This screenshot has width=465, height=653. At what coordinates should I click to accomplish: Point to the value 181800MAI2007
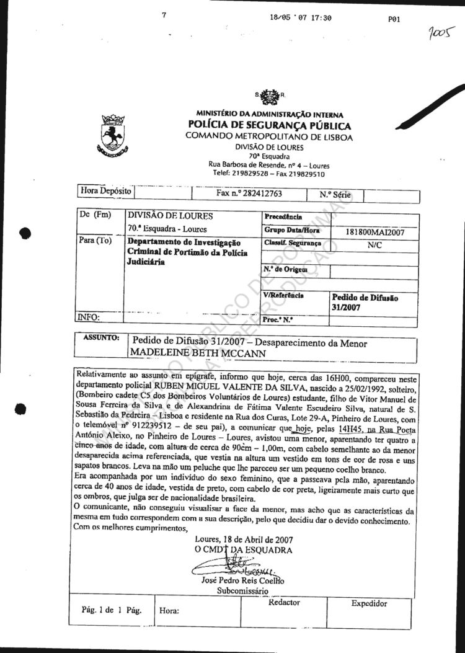coord(374,233)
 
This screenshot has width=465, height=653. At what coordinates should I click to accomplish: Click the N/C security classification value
coord(374,245)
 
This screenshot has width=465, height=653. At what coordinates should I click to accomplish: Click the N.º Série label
coord(335,195)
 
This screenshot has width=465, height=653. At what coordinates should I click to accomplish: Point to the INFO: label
coord(89,317)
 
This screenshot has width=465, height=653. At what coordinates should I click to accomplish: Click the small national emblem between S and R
coord(269,96)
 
